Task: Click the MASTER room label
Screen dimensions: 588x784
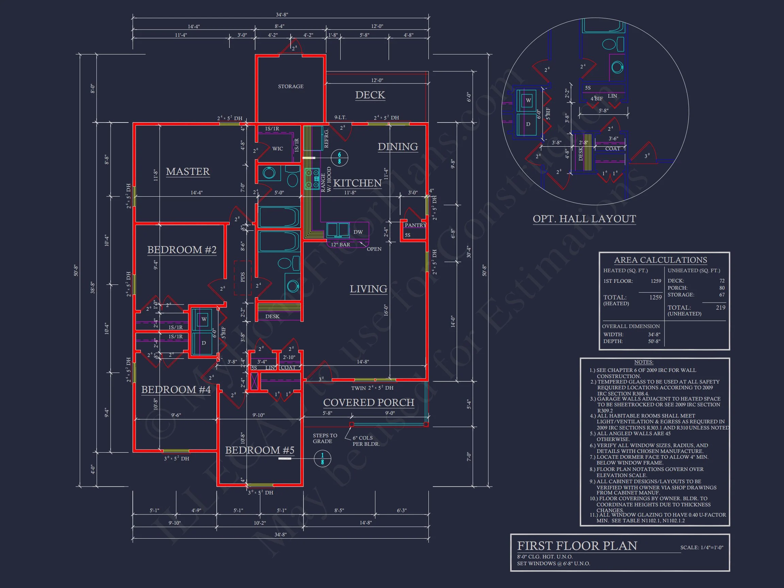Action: pyautogui.click(x=188, y=171)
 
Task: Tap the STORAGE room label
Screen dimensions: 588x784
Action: pyautogui.click(x=291, y=86)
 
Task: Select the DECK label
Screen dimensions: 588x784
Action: pyautogui.click(x=370, y=95)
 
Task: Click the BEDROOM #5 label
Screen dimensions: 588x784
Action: pyautogui.click(x=260, y=450)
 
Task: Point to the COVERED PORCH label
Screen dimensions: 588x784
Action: pyautogui.click(x=369, y=403)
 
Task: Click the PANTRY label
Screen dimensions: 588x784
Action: pyautogui.click(x=415, y=225)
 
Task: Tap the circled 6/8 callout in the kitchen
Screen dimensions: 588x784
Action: pyautogui.click(x=339, y=158)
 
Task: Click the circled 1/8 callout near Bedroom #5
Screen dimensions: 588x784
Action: pyautogui.click(x=322, y=459)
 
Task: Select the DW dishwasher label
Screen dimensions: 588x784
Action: pyautogui.click(x=358, y=232)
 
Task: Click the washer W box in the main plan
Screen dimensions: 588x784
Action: pyautogui.click(x=204, y=319)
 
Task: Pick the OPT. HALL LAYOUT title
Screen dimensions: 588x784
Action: pyautogui.click(x=584, y=219)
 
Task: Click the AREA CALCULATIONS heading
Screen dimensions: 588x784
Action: pyautogui.click(x=660, y=260)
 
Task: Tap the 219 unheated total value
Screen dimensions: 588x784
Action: pyautogui.click(x=720, y=308)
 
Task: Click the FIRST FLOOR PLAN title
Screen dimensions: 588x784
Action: pyautogui.click(x=577, y=546)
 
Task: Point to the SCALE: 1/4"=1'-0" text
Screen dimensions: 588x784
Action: pyautogui.click(x=701, y=548)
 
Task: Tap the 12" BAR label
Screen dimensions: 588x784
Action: pyautogui.click(x=340, y=245)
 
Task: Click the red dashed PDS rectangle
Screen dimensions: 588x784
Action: pyautogui.click(x=242, y=278)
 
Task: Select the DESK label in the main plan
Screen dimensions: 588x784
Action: pyautogui.click(x=272, y=316)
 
